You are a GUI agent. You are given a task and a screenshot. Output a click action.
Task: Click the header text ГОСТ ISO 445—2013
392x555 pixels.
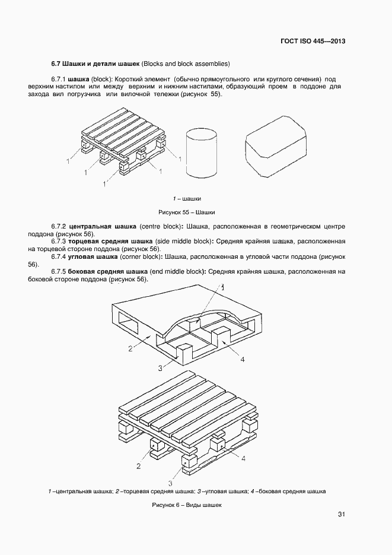[x=313, y=42]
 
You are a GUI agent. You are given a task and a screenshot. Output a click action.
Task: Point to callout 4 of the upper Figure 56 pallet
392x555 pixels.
[x=242, y=359]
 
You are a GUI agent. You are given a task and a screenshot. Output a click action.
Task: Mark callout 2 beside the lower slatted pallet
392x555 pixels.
[x=138, y=466]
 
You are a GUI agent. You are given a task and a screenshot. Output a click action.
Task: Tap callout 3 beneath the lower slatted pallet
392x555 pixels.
[x=171, y=483]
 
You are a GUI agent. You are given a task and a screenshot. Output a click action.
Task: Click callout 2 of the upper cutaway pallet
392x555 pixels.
[x=130, y=348]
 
